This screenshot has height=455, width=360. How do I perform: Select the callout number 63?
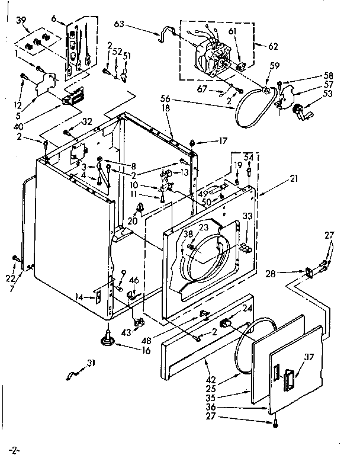tap(118, 25)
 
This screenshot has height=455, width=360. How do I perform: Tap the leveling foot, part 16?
tap(109, 339)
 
